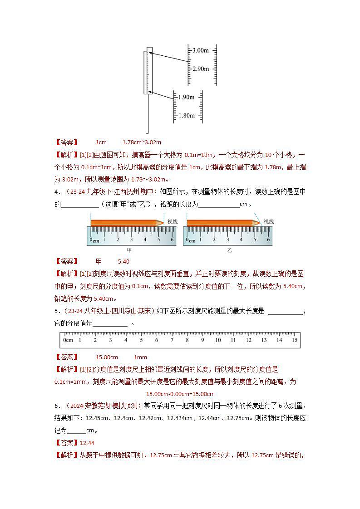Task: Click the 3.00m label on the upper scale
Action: (200, 50)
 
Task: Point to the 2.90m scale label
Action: (200, 69)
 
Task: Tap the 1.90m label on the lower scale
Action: (186, 97)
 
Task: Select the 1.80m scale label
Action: (186, 116)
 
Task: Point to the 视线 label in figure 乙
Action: (269, 221)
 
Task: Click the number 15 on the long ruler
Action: (294, 340)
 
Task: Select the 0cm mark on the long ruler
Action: (68, 340)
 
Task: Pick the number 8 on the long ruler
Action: (187, 340)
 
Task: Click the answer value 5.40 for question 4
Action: (123, 262)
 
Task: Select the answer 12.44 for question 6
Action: (87, 443)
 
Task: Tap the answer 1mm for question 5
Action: (140, 357)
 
